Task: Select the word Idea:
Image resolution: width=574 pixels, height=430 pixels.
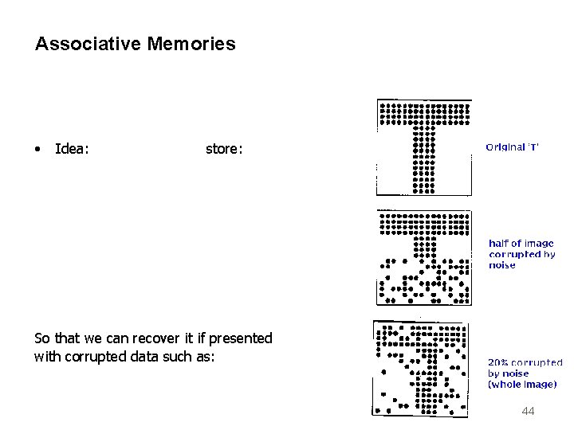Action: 72,148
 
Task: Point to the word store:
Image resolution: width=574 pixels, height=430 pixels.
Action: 225,148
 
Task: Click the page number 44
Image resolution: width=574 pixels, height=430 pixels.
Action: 527,411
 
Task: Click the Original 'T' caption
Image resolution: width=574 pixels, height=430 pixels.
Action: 513,147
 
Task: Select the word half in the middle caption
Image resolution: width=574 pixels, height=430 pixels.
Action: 498,244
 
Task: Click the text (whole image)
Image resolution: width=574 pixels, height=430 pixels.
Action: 522,385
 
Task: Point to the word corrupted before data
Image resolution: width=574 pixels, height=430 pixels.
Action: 92,357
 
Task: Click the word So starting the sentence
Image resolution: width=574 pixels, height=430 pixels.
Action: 42,338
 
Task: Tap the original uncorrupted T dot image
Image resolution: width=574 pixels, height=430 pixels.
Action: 424,147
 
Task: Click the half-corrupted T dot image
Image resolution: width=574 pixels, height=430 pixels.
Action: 424,257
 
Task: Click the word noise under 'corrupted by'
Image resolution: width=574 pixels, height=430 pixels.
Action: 502,265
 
